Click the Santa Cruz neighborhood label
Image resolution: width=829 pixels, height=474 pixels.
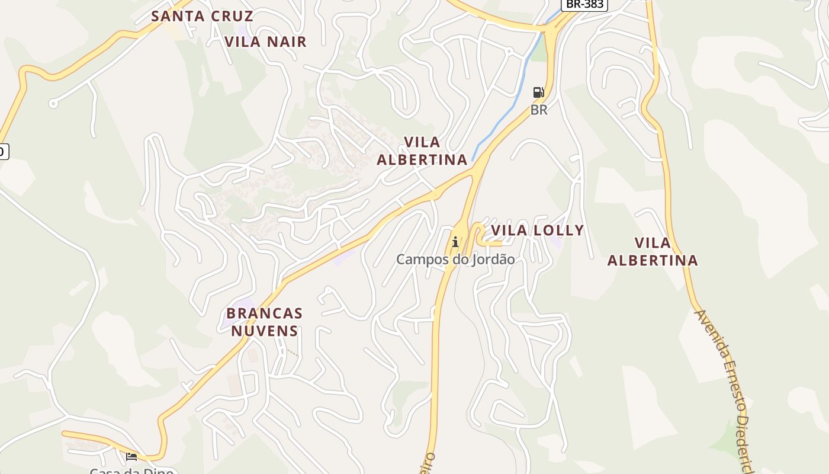click(x=202, y=16)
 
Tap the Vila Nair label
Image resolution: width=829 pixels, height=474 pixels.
click(x=266, y=41)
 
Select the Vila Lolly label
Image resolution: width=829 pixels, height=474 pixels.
click(x=537, y=230)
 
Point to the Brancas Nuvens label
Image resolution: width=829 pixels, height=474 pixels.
click(x=264, y=322)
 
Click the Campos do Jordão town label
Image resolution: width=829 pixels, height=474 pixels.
click(x=455, y=260)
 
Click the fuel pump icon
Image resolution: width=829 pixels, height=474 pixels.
click(x=538, y=92)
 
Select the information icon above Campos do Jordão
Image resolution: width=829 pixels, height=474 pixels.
click(x=455, y=242)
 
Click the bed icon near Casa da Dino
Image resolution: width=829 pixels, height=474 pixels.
click(x=131, y=456)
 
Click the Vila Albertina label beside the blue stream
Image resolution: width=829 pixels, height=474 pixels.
click(x=422, y=150)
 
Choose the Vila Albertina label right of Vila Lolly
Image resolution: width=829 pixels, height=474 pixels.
click(x=653, y=251)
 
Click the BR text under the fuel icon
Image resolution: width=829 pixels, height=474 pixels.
click(x=539, y=110)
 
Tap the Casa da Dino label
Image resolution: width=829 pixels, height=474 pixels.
click(x=131, y=471)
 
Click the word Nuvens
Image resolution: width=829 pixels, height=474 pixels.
click(x=264, y=331)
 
